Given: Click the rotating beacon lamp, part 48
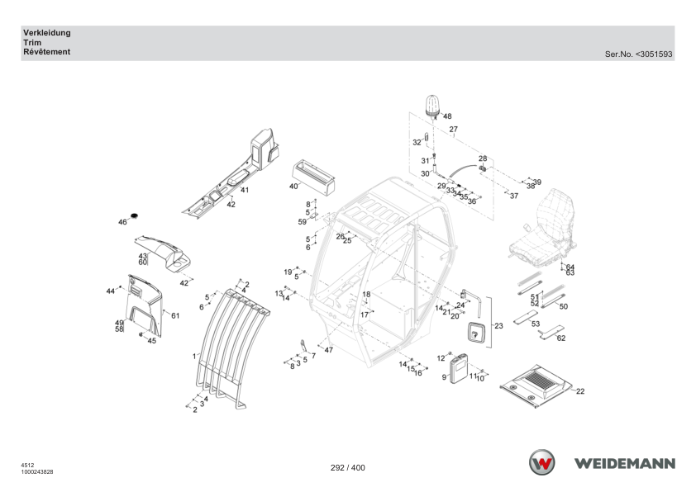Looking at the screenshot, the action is point(432,106).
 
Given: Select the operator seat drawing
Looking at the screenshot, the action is point(542,229).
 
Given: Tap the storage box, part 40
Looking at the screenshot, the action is point(313,177).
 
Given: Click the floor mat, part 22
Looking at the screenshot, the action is point(536,386).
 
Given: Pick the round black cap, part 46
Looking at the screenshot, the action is point(134,215).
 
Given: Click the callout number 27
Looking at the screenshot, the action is point(453,130).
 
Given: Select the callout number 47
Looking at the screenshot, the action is point(328,350).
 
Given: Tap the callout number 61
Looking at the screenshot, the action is point(175,315).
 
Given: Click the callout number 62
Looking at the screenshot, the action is point(561,338).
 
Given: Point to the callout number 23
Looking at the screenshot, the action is point(499,326).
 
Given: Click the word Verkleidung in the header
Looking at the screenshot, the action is point(47,33).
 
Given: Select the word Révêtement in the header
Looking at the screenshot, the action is point(46,52).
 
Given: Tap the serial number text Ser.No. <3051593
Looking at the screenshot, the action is point(639,54).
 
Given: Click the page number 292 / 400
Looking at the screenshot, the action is point(348,467).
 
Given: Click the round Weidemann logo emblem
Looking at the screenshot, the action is point(541,462).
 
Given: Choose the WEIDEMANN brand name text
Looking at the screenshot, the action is point(625,464).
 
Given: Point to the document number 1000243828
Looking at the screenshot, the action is point(37,472).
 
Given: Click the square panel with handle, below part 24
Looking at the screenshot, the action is point(476,333).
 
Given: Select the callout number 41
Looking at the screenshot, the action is point(245,190).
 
